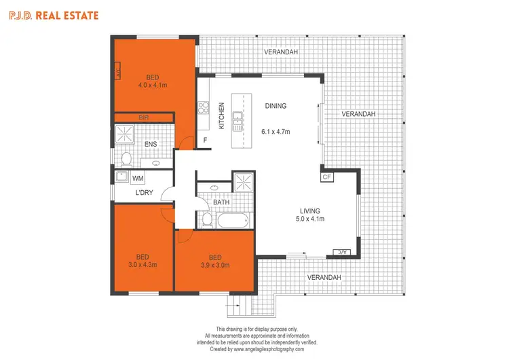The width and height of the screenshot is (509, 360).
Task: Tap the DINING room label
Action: (x=276, y=106)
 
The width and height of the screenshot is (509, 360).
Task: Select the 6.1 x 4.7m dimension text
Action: (x=276, y=132)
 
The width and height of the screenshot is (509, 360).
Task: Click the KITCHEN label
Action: (x=221, y=115)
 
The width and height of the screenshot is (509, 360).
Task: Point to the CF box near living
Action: (x=326, y=177)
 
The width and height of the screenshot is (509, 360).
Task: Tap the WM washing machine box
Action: (x=138, y=179)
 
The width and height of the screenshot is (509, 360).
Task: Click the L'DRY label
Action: (x=143, y=194)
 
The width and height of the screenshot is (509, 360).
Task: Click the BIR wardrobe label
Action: (x=144, y=118)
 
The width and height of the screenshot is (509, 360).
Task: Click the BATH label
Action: (x=221, y=202)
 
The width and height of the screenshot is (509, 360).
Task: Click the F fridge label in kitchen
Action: (x=206, y=141)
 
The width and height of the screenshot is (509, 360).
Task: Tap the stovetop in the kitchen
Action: (x=203, y=107)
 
